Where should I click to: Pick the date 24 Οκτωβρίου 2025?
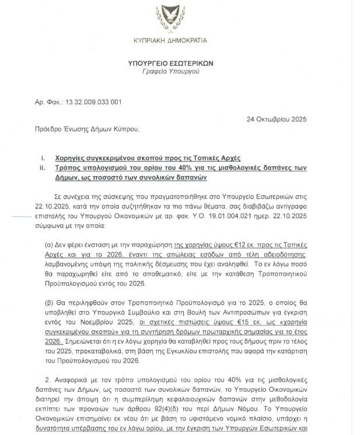pos(276,118)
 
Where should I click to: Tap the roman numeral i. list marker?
pos(43,158)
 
